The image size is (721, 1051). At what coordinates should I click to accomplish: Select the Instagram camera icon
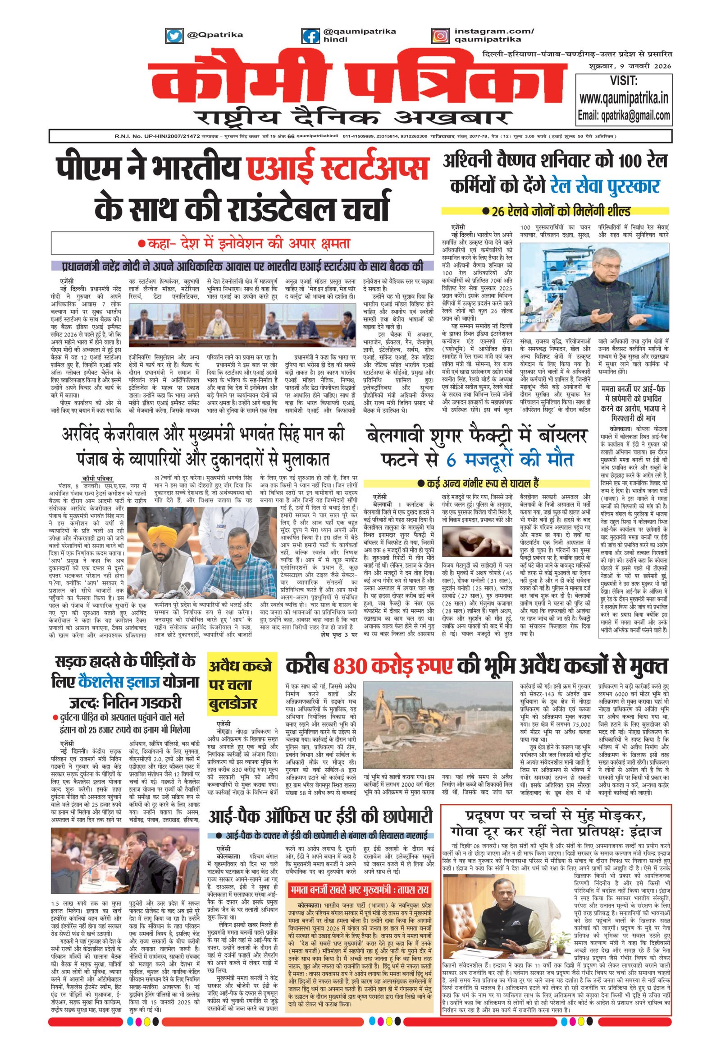[x=440, y=35]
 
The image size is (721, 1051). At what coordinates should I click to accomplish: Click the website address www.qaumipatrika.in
[x=624, y=98]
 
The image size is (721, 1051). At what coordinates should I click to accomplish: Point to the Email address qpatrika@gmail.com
[x=624, y=115]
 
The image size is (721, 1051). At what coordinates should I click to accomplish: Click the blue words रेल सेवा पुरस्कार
[x=605, y=186]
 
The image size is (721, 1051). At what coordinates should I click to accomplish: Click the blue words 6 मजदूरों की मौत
[x=510, y=460]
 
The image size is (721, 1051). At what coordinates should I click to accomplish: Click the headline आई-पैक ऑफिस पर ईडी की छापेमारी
[x=320, y=816]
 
